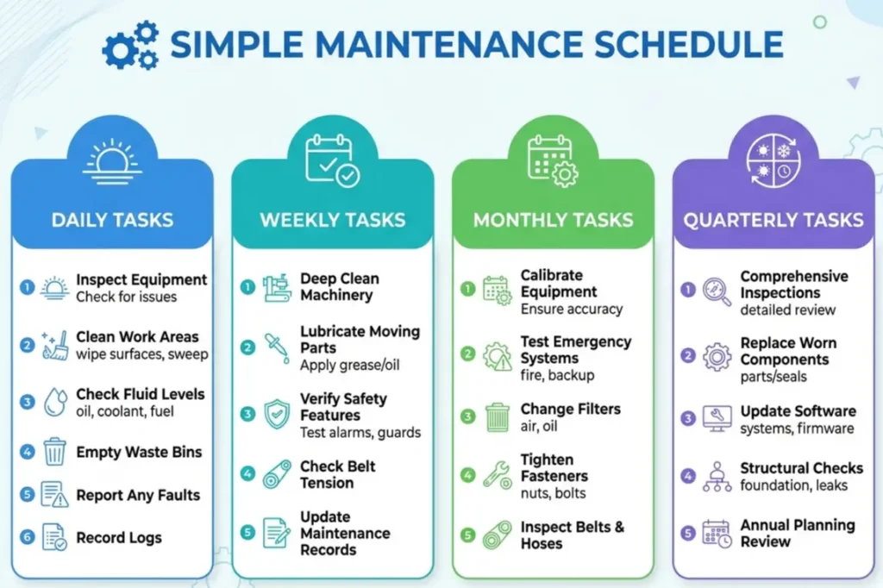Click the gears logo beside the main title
pyautogui.click(x=130, y=45)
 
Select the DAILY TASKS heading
pyautogui.click(x=112, y=219)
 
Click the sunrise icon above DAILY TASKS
pyautogui.click(x=112, y=162)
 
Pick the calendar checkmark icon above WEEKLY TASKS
pyautogui.click(x=332, y=160)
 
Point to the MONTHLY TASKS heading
pyautogui.click(x=553, y=219)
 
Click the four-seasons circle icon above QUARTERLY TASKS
pyautogui.click(x=773, y=160)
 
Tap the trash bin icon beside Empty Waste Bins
pyautogui.click(x=55, y=452)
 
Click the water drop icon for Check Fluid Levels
pyautogui.click(x=55, y=403)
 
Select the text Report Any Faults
pyautogui.click(x=138, y=496)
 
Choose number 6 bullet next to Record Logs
pyautogui.click(x=28, y=537)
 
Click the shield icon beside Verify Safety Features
pyautogui.click(x=276, y=414)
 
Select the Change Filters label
pyautogui.click(x=571, y=409)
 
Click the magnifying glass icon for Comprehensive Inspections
pyautogui.click(x=717, y=291)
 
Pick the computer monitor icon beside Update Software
pyautogui.click(x=717, y=418)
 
